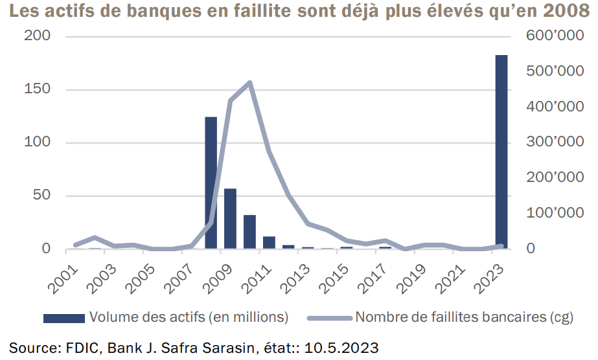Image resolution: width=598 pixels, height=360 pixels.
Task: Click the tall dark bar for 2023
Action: click(501, 152)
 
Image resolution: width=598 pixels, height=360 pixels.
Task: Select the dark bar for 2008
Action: click(211, 183)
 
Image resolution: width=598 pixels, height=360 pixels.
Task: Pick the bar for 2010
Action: click(249, 232)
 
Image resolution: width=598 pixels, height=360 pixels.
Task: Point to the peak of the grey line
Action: click(249, 83)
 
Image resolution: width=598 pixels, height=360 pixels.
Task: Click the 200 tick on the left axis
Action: click(38, 36)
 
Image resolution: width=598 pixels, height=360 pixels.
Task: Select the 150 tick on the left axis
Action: click(38, 89)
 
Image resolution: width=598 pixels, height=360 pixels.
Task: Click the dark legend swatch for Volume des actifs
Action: click(63, 317)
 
